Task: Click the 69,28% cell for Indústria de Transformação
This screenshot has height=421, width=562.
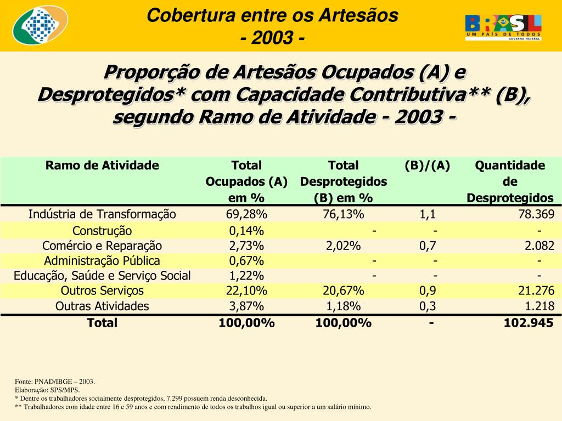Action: click(x=246, y=214)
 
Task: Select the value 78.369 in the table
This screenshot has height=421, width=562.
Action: click(x=536, y=214)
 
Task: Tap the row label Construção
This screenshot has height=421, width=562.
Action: click(x=102, y=231)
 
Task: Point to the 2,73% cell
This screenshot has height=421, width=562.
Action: click(x=246, y=246)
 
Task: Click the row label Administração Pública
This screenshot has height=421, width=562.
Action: click(x=102, y=261)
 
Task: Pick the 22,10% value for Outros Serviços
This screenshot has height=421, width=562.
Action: click(x=246, y=291)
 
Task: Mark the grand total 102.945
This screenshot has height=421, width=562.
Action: click(x=529, y=323)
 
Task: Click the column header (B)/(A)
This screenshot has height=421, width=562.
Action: click(x=428, y=166)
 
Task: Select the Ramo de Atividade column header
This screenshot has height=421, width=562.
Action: click(x=102, y=166)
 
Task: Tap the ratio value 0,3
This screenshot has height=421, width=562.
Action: click(x=428, y=306)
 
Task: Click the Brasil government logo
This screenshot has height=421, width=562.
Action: click(x=503, y=27)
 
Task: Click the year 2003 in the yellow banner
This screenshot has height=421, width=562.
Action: click(x=272, y=39)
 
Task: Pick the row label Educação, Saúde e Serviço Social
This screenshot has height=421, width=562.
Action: click(x=102, y=276)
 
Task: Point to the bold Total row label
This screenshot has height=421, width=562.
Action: click(x=102, y=323)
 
